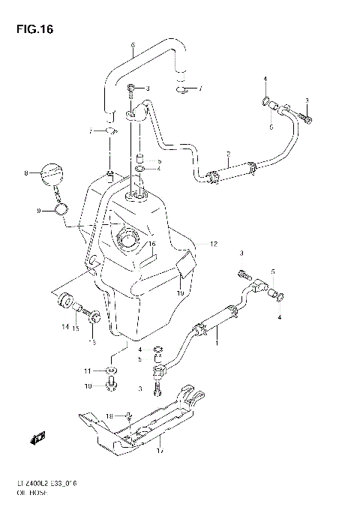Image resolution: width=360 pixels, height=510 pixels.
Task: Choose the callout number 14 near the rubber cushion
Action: pyautogui.click(x=64, y=327)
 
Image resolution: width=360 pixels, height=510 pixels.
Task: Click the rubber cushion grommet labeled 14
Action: pyautogui.click(x=63, y=301)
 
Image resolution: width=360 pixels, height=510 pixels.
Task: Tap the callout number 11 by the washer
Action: pyautogui.click(x=88, y=370)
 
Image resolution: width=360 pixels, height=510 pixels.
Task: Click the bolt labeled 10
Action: pyautogui.click(x=112, y=385)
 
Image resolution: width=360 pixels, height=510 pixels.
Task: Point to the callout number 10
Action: pyautogui.click(x=88, y=386)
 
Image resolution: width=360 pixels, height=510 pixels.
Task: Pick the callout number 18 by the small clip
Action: pyautogui.click(x=108, y=415)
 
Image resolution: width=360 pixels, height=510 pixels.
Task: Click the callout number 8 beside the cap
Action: pyautogui.click(x=25, y=173)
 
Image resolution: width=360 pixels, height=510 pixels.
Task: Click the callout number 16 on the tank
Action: pyautogui.click(x=151, y=244)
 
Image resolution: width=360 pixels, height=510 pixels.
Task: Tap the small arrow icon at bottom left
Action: pyautogui.click(x=40, y=439)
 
